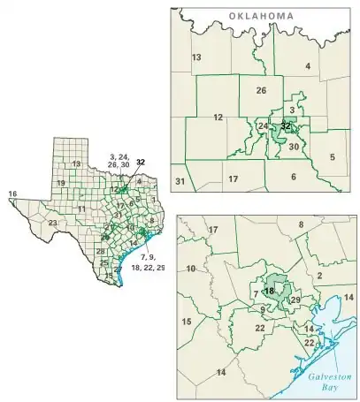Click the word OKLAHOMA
click(x=264, y=17)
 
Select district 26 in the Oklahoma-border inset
click(x=261, y=91)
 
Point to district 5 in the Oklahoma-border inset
click(x=333, y=158)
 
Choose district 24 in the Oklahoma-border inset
click(x=263, y=126)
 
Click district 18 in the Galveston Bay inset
click(x=269, y=292)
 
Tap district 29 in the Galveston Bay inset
click(x=295, y=301)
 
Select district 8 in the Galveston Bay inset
click(x=301, y=225)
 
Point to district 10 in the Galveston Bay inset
click(x=190, y=268)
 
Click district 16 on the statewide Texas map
click(x=12, y=193)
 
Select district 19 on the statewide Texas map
click(x=61, y=183)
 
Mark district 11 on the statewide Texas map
click(x=80, y=209)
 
